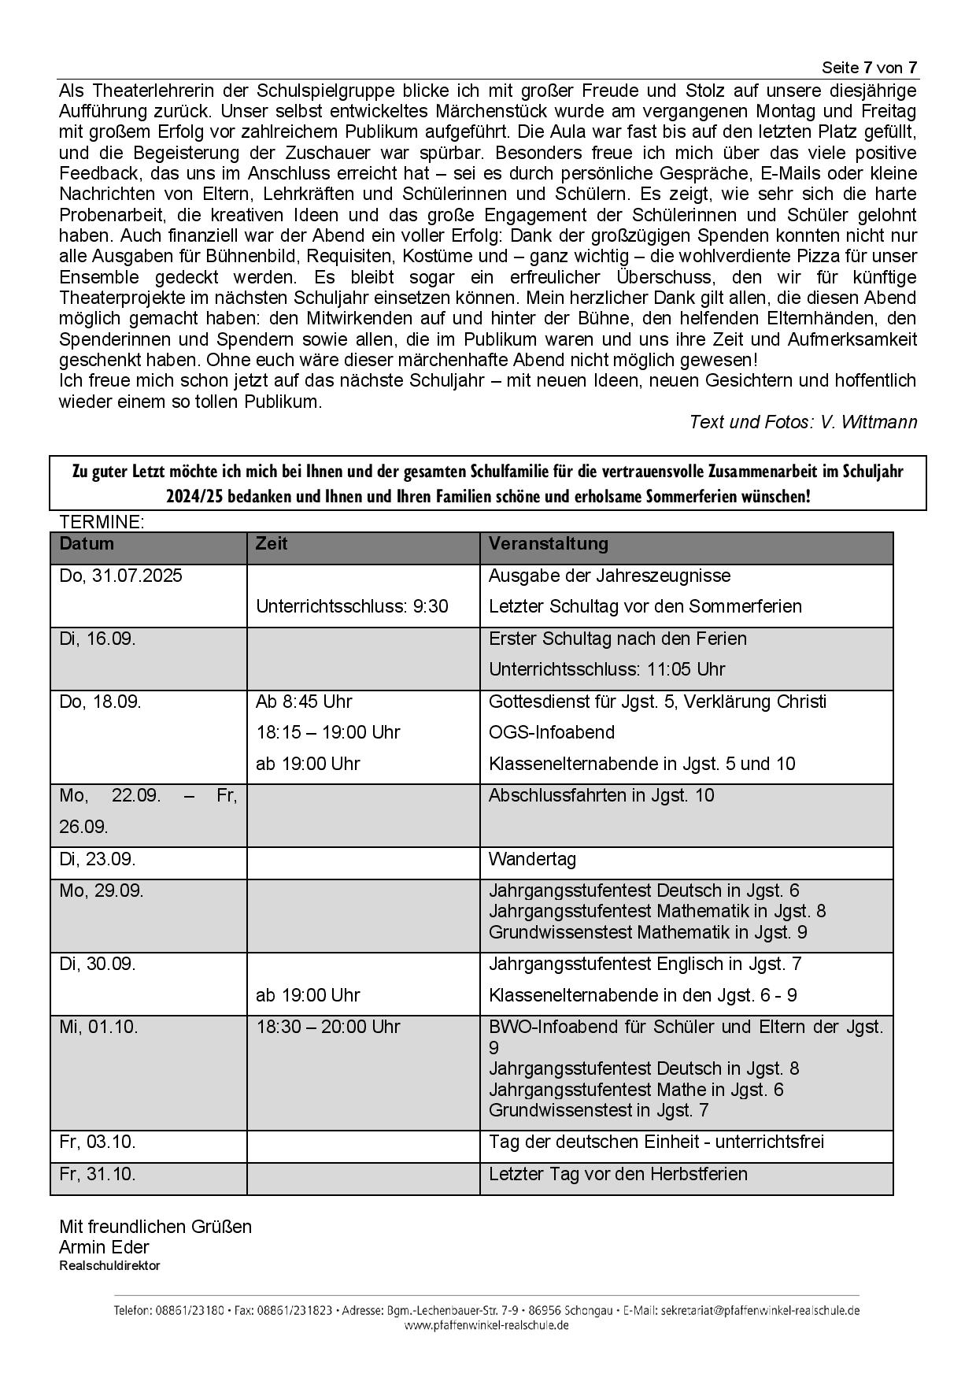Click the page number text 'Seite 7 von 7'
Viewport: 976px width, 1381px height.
point(869,67)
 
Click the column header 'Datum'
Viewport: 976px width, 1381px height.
point(87,543)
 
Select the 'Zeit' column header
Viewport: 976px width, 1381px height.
point(272,543)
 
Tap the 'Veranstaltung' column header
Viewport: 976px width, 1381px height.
point(548,543)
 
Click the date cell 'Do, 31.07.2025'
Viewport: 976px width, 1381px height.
point(120,576)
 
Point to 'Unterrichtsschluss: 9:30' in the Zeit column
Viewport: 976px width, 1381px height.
point(352,606)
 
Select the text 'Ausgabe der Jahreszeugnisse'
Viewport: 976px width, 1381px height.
point(609,576)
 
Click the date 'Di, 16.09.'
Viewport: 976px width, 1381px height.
point(98,639)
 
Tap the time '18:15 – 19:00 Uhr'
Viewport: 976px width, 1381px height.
point(327,732)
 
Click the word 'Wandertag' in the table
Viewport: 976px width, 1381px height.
point(532,859)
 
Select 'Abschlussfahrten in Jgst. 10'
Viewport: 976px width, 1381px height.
point(601,795)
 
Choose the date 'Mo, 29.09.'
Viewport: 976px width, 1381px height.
point(102,890)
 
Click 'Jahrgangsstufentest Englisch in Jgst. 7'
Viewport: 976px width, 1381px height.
point(645,964)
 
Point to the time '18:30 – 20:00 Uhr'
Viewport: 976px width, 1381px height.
point(327,1027)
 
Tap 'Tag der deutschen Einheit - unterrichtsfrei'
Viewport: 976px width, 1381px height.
point(656,1142)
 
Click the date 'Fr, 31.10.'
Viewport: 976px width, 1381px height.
point(98,1174)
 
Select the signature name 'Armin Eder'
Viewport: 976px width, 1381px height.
point(104,1247)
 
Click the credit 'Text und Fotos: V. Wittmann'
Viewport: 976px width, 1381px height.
point(803,422)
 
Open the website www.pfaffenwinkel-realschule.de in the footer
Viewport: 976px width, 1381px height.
point(486,1325)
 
